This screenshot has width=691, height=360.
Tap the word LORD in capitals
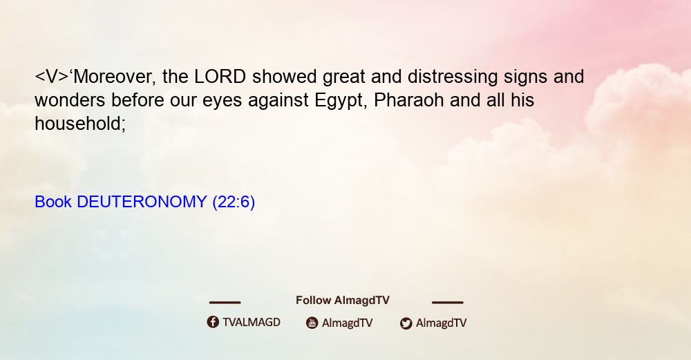220,77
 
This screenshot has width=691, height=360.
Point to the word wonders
70,100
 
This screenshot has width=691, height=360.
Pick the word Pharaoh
408,100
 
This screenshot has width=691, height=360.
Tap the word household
80,124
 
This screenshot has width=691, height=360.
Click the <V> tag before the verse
52,77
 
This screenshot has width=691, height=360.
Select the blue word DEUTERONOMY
142,202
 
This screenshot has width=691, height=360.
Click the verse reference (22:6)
234,202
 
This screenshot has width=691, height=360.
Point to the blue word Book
53,202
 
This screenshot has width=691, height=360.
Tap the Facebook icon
213,322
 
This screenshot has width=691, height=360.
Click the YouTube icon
312,323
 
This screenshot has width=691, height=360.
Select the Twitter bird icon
406,323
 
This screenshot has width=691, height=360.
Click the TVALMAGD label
252,323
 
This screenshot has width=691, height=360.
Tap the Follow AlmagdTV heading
343,301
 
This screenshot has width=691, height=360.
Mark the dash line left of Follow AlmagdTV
225,303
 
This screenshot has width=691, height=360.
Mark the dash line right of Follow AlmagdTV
448,303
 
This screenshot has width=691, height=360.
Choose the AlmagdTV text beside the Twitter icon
441,323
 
